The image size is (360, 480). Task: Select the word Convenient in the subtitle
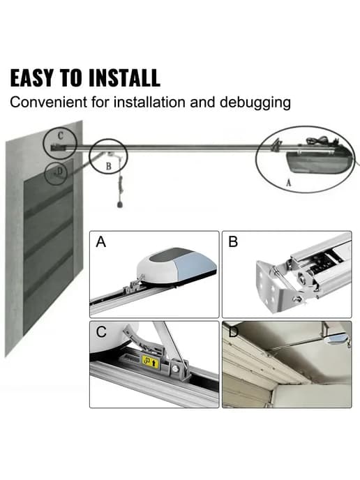[48, 103]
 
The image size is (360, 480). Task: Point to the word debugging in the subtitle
[255, 103]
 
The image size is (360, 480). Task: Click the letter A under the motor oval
[288, 183]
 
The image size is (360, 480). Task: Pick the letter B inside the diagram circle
[108, 166]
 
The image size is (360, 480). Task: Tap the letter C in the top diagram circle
[60, 135]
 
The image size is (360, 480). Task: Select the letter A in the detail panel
[100, 242]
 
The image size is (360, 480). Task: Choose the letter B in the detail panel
[233, 241]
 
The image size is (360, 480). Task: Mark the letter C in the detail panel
[101, 332]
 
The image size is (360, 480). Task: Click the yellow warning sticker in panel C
[151, 362]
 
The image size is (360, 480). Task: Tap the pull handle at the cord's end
[121, 204]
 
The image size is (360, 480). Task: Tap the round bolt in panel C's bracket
[175, 368]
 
